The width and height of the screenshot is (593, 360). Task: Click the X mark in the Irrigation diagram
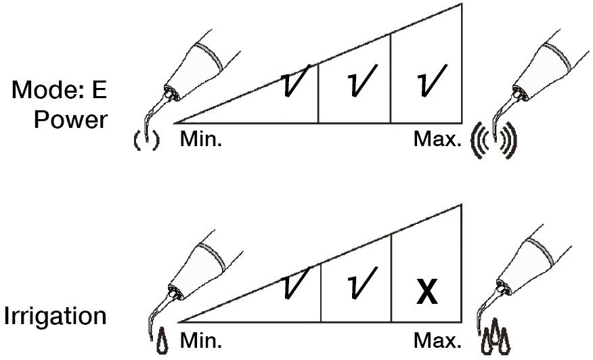[427, 292]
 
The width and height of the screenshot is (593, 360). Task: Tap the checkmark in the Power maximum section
[431, 80]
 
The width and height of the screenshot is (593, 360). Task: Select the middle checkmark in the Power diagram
[361, 80]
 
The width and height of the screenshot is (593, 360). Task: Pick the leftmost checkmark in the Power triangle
[296, 80]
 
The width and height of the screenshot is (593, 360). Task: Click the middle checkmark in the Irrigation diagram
[361, 282]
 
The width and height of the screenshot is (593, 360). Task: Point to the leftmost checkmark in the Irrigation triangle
[296, 282]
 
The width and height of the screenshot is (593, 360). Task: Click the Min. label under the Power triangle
[201, 139]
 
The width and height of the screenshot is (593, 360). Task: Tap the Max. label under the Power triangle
[437, 139]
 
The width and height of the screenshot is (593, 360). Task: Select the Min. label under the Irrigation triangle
[201, 340]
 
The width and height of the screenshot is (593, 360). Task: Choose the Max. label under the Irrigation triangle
[437, 340]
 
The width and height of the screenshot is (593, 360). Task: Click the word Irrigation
[56, 316]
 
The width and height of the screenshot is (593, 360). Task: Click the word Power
[70, 120]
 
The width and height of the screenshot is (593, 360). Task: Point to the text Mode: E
[60, 90]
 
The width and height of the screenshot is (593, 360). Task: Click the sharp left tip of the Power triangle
[175, 123]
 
